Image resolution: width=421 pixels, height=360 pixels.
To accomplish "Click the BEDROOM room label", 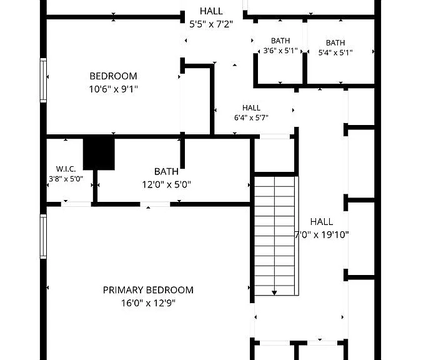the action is [x=113, y=76].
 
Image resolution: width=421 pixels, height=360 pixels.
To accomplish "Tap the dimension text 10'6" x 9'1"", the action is [x=113, y=89].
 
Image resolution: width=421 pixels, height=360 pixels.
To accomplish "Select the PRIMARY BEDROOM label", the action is [x=148, y=290].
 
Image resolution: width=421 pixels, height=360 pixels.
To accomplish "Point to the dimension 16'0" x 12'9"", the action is [x=148, y=303].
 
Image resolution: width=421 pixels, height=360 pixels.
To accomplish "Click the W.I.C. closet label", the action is [x=66, y=169].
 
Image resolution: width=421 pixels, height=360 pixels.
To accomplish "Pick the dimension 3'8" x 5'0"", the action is [x=66, y=179].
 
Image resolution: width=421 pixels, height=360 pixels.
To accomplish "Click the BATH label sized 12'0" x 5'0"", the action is [x=167, y=171].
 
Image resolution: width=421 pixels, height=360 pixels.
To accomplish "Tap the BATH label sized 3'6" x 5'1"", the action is [x=280, y=41].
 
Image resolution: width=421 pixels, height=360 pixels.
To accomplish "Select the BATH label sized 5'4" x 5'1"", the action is [x=335, y=42].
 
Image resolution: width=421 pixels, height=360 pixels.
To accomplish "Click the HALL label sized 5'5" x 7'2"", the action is [x=211, y=11].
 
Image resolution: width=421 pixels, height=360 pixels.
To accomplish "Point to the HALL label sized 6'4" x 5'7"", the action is [x=251, y=108].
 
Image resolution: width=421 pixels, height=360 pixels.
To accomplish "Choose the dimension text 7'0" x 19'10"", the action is [x=322, y=235].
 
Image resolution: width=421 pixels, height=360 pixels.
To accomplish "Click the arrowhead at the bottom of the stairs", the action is [x=274, y=293].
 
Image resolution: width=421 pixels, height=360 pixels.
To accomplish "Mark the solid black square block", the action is [x=99, y=154].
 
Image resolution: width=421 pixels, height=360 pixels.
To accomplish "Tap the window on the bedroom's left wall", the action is [x=43, y=80].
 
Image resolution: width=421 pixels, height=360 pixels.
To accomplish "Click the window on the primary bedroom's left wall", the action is [x=43, y=236].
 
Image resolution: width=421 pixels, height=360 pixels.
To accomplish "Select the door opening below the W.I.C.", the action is [x=76, y=204].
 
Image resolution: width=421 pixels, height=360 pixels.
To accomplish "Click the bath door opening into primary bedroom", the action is [x=155, y=204].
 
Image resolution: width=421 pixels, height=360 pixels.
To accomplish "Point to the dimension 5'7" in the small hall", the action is [x=262, y=117].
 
